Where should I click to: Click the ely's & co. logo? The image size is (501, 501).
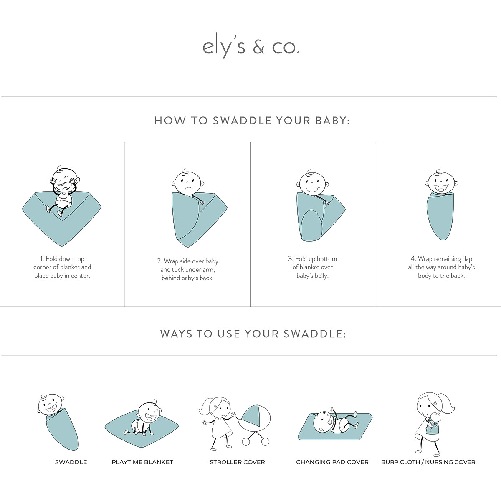click(251, 47)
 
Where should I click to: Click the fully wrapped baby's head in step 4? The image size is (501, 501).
click(441, 183)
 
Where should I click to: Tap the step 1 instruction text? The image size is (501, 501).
click(62, 267)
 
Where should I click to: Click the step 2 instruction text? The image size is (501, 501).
click(187, 269)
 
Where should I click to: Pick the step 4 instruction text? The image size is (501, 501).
click(441, 267)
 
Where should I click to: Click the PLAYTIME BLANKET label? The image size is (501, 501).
click(142, 462)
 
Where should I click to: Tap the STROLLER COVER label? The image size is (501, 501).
click(237, 462)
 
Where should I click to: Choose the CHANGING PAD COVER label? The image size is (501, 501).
click(332, 462)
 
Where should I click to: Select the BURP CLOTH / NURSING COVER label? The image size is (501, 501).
click(428, 462)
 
